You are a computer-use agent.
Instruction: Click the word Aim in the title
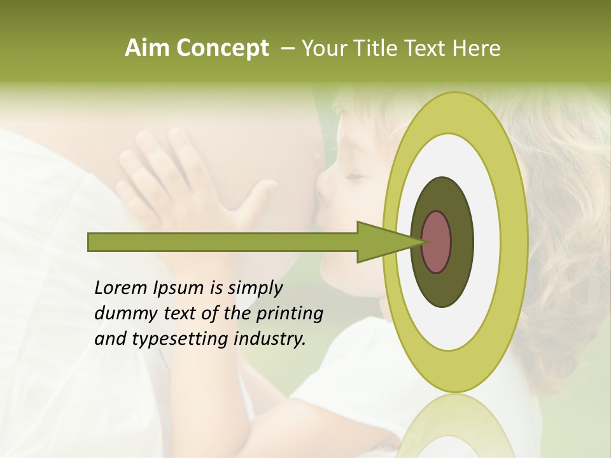tap(148, 48)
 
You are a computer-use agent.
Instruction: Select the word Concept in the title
tap(222, 48)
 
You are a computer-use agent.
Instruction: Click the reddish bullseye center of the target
tap(436, 242)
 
